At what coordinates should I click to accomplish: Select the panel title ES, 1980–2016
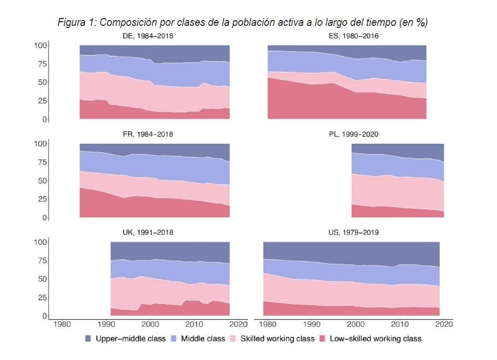353,36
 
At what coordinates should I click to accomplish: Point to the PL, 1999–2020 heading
353,134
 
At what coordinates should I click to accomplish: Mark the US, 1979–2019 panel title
353,232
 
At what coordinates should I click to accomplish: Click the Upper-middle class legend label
131,338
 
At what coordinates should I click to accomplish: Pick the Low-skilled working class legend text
375,338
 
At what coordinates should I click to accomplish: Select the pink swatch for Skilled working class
235,338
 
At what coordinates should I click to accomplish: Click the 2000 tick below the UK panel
151,324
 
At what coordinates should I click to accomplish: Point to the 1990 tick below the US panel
312,324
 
